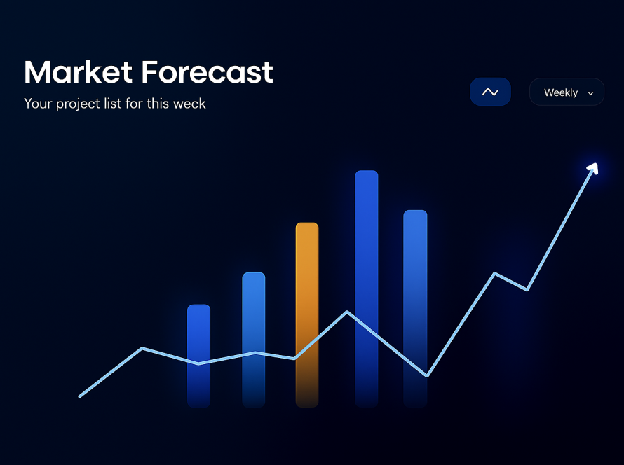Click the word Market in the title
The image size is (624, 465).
[78, 72]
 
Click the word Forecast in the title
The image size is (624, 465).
[208, 72]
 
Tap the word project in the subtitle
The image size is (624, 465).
[78, 104]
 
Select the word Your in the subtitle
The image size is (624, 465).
[38, 104]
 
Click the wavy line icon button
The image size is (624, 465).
[490, 92]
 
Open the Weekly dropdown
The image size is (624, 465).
[567, 92]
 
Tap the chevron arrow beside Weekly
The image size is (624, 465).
[590, 93]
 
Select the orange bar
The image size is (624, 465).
[307, 314]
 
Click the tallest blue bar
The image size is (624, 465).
[367, 289]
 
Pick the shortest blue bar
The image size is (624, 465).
[198, 356]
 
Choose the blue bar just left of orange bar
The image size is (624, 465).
[254, 340]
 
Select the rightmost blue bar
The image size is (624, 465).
[415, 309]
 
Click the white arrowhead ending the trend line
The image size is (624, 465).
[593, 168]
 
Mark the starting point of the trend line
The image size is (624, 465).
[80, 396]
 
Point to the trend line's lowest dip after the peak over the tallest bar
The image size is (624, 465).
[426, 375]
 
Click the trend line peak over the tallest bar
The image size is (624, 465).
[347, 312]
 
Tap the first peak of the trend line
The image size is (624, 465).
[142, 349]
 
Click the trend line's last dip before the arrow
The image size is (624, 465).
[527, 290]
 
